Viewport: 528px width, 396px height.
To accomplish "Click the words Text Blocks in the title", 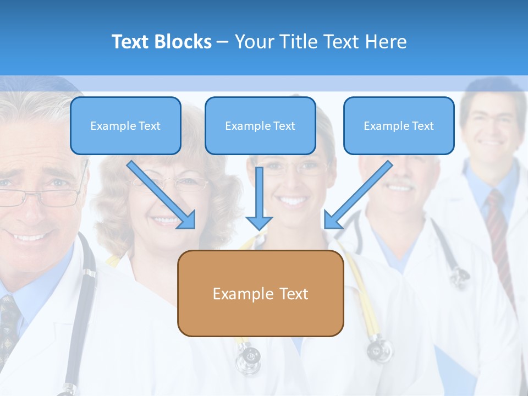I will tap(161, 42).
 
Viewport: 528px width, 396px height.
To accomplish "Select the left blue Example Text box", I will tap(125, 125).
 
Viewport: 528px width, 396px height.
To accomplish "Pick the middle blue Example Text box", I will tap(260, 125).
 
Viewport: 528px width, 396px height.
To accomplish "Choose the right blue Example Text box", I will tap(399, 125).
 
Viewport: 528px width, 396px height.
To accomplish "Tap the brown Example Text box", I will tap(260, 293).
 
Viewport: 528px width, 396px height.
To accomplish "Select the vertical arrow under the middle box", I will tap(259, 198).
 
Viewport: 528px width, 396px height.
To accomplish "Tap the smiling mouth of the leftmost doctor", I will tap(30, 238).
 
